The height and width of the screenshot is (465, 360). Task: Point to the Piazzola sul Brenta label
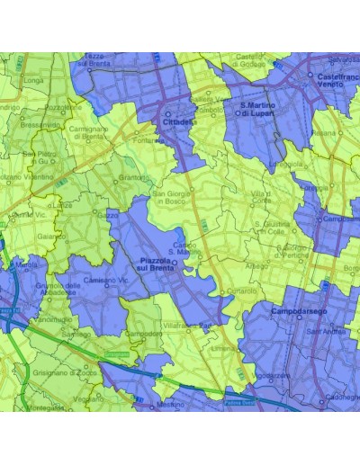click(157, 264)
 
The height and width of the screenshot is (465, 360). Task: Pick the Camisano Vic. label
click(103, 281)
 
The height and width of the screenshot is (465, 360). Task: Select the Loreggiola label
click(286, 165)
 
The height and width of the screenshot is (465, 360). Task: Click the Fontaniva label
click(147, 139)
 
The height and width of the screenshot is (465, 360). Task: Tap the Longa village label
click(34, 81)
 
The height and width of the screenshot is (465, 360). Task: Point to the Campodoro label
click(143, 334)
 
